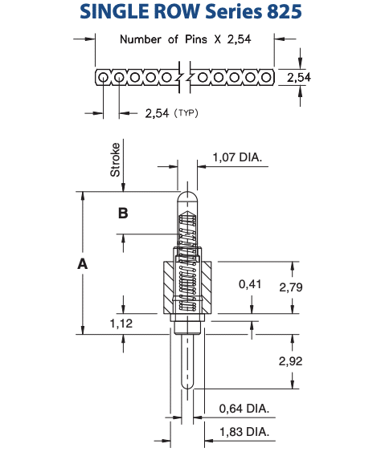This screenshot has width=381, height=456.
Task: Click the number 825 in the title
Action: (x=284, y=11)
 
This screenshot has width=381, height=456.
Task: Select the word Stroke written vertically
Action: (x=115, y=160)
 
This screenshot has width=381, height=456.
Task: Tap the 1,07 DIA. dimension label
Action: (x=237, y=157)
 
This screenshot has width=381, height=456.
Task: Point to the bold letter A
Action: (x=83, y=264)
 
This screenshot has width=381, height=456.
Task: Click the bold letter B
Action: (x=123, y=214)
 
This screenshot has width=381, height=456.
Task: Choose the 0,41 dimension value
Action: (x=250, y=284)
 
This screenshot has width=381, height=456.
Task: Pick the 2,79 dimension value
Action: (x=291, y=287)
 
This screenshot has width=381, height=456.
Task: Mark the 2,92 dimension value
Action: (x=290, y=361)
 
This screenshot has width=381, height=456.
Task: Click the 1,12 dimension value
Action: (x=121, y=324)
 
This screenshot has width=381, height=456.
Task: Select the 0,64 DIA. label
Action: (x=244, y=409)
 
